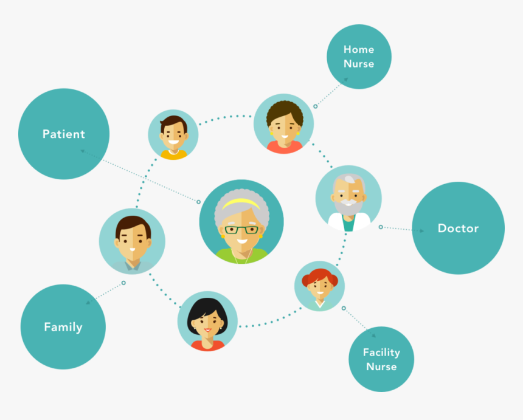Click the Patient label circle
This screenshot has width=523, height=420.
(64, 134)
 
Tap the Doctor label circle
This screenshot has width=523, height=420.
(459, 228)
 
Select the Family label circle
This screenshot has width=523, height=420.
(63, 326)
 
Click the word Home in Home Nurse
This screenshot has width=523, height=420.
(359, 49)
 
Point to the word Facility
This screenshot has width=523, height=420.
(381, 353)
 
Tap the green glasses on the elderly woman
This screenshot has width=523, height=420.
(241, 230)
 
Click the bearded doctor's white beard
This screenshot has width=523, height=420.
(348, 207)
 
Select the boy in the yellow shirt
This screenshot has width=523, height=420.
(173, 134)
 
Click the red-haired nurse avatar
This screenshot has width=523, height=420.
(319, 286)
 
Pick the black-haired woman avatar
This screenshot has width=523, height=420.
(207, 321)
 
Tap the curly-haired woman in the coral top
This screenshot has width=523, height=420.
(284, 123)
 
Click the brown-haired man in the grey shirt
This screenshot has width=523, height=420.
(132, 241)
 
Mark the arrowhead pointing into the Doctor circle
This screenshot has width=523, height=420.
(421, 231)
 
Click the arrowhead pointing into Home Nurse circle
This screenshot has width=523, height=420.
(346, 80)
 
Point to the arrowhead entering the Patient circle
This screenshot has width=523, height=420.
(82, 151)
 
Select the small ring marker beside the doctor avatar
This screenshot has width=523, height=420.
(381, 227)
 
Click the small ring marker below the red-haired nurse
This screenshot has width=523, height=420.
(344, 308)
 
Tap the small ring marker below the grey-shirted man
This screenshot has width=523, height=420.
(123, 283)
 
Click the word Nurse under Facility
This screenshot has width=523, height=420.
(381, 367)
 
